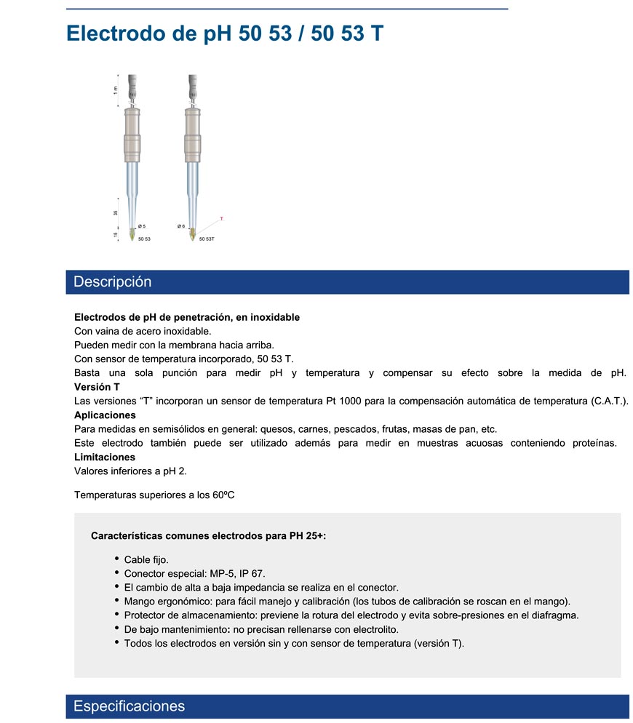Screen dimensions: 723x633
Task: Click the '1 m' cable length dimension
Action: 115,89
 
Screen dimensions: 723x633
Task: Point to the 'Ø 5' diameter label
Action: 141,226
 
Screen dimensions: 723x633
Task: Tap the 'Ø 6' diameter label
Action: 181,226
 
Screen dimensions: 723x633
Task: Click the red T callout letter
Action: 221,218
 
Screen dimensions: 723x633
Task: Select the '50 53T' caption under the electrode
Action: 207,239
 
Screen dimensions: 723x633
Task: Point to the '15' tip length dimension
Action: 116,235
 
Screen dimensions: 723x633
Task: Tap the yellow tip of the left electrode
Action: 131,235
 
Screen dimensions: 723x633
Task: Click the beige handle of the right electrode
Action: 192,135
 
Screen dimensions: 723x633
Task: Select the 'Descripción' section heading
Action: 113,282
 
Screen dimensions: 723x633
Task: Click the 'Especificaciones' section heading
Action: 130,706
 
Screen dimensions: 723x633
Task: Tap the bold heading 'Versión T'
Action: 97,387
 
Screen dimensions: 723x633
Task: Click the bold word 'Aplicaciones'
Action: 105,415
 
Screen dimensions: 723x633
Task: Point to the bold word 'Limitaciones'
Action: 105,458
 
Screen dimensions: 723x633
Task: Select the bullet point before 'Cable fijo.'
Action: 117,559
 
